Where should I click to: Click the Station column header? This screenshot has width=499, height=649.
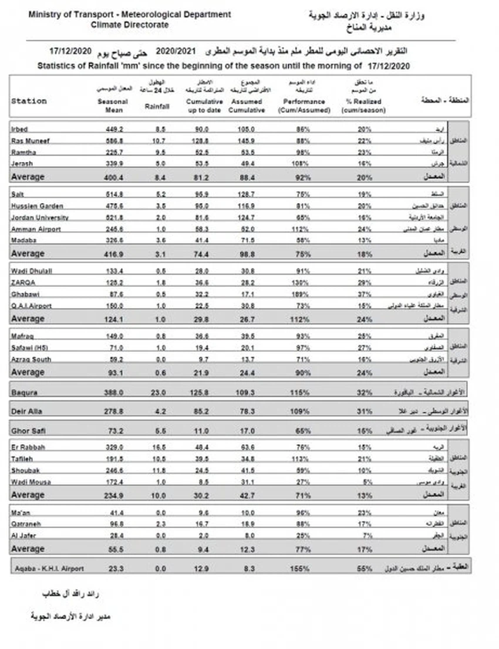click(29, 101)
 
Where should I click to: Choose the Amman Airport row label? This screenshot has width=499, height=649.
click(36, 229)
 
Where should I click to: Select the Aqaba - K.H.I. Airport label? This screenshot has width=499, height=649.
click(48, 569)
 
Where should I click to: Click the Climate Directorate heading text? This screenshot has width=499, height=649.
click(130, 25)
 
